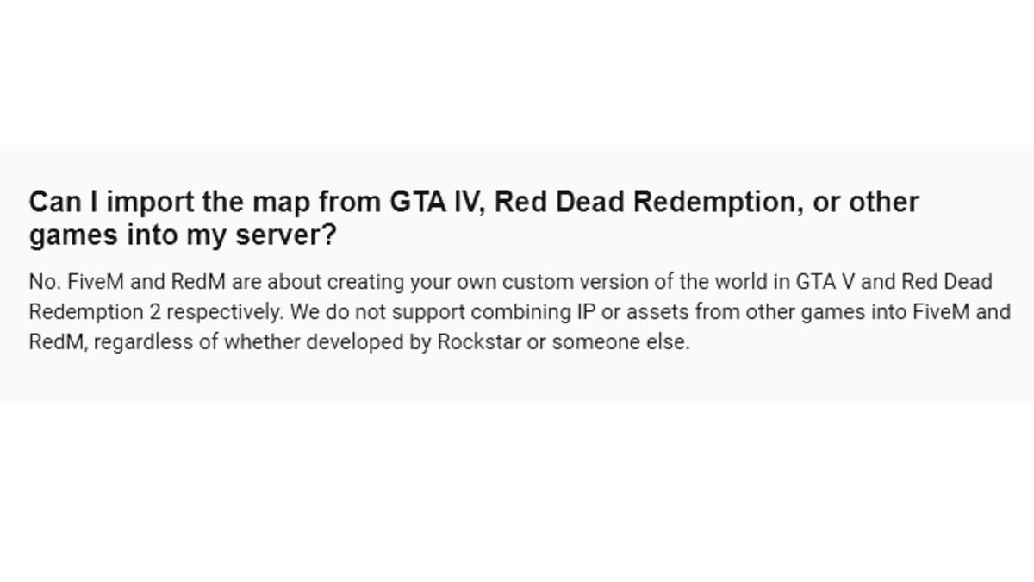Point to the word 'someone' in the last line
(595, 341)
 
